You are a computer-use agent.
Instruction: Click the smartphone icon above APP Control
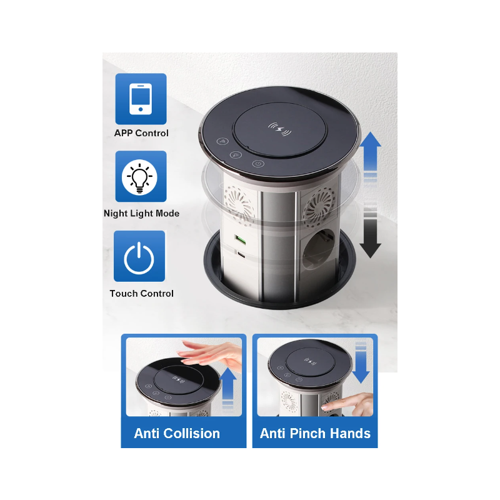[141, 99]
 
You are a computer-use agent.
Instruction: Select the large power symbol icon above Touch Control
[139, 257]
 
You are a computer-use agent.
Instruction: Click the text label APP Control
[141, 133]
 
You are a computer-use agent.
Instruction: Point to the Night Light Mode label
[141, 213]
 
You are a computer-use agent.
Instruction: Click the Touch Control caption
[141, 293]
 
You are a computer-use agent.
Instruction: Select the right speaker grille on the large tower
[319, 203]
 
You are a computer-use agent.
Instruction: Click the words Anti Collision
[177, 433]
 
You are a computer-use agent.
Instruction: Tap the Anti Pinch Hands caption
[315, 433]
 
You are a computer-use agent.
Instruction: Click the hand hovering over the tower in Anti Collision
[210, 355]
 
